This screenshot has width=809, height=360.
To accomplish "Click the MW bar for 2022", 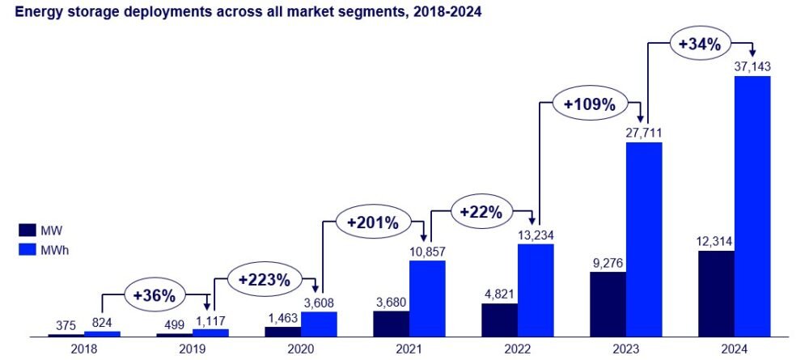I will [x=499, y=320].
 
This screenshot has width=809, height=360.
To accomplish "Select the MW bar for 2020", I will [x=282, y=332].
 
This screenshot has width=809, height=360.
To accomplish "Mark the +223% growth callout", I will [x=265, y=281].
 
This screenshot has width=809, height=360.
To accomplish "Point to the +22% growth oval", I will [x=481, y=213].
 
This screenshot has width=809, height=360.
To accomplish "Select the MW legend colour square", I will [x=25, y=230].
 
